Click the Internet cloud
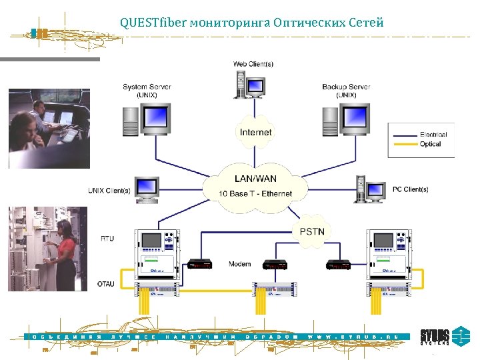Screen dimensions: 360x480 tap(256, 131)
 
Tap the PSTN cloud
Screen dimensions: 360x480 tap(311, 231)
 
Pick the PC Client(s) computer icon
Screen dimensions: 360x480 tap(371, 190)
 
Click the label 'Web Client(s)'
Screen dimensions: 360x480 tap(253, 64)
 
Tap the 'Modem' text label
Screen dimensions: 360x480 tap(239, 264)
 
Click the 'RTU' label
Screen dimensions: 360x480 tap(107, 239)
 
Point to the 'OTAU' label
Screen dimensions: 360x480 tap(106, 284)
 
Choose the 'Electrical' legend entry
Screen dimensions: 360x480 tap(433, 135)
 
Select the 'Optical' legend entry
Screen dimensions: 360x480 tap(431, 144)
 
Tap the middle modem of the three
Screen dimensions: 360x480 tap(275, 264)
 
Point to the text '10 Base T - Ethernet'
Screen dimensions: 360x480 tap(255, 194)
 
